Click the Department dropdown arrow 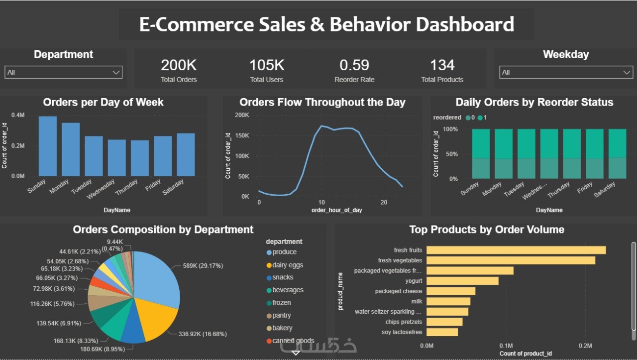point(116,73)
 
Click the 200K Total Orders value point(179,65)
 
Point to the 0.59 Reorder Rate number point(354,65)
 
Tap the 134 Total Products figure point(442,65)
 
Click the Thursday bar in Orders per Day point(140,158)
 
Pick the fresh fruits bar point(516,250)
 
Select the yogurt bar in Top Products point(462,281)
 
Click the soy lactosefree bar point(442,332)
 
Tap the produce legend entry point(284,252)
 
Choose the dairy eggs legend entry point(288,265)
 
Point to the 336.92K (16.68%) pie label point(203,334)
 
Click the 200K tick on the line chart point(242,115)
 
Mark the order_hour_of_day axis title point(336,210)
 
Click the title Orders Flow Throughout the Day point(322,103)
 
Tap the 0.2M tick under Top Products point(585,346)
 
